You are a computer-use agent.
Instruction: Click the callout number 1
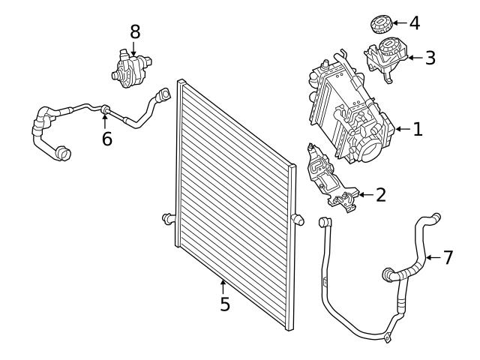pyautogui.click(x=418, y=129)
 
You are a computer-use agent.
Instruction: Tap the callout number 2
pyautogui.click(x=380, y=196)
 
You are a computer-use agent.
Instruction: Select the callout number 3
pyautogui.click(x=430, y=58)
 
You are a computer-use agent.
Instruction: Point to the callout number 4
pyautogui.click(x=414, y=22)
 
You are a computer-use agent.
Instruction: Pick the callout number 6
pyautogui.click(x=107, y=139)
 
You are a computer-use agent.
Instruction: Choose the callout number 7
pyautogui.click(x=448, y=257)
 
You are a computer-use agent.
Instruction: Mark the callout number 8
pyautogui.click(x=135, y=31)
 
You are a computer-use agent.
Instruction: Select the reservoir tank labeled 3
pyautogui.click(x=387, y=60)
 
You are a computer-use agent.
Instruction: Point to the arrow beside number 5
pyautogui.click(x=223, y=285)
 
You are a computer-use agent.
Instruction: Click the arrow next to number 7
pyautogui.click(x=431, y=258)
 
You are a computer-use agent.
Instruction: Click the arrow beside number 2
pyautogui.click(x=364, y=196)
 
